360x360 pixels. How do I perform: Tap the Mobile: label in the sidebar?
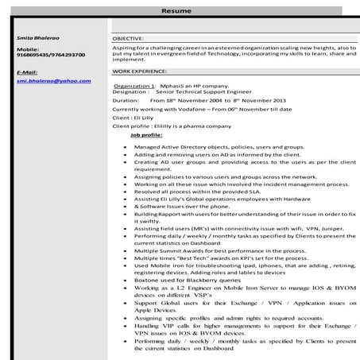[x=29, y=49]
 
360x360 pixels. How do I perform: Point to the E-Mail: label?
[x=27, y=72]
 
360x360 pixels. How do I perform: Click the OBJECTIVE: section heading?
[x=128, y=37]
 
